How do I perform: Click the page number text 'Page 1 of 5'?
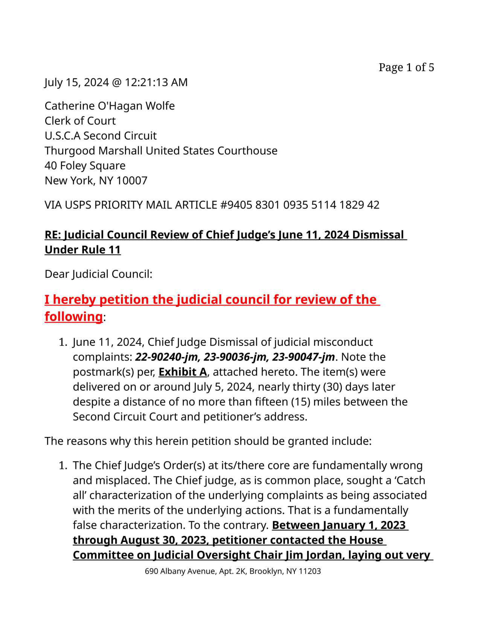coord(406,67)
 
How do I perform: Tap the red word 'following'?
coord(73,317)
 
